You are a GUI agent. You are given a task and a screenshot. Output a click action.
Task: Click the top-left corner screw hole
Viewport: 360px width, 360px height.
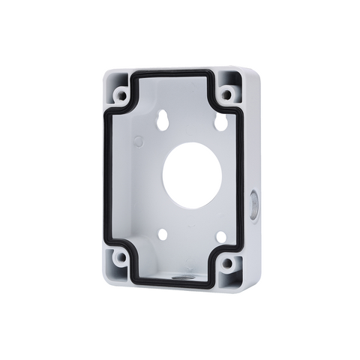120,95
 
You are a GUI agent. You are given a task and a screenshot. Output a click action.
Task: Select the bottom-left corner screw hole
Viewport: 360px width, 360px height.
121,259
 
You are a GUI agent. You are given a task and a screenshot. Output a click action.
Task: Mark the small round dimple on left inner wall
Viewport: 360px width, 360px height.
139,140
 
